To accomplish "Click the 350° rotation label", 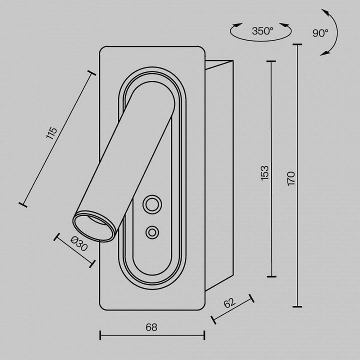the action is coord(262,31).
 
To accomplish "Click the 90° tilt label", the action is coord(320,33).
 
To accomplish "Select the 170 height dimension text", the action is coord(291,178).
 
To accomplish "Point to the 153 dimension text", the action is coord(264,173).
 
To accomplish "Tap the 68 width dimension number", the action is coord(151,327).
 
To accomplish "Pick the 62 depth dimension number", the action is coord(229,303).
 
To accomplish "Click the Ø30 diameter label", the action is coord(79,244).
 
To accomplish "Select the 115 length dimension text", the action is coord(51,132).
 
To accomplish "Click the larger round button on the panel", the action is coord(152,204).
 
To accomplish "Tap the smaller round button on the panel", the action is coord(152,232).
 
